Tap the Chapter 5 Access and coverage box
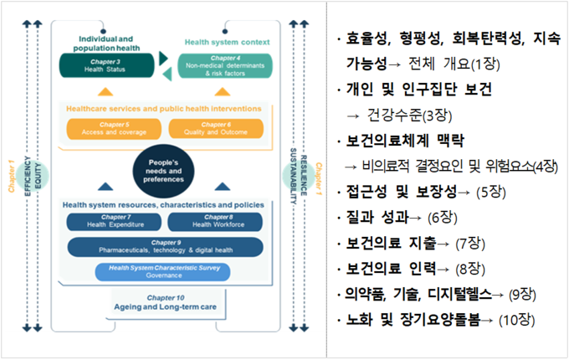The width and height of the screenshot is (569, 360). [114, 128]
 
